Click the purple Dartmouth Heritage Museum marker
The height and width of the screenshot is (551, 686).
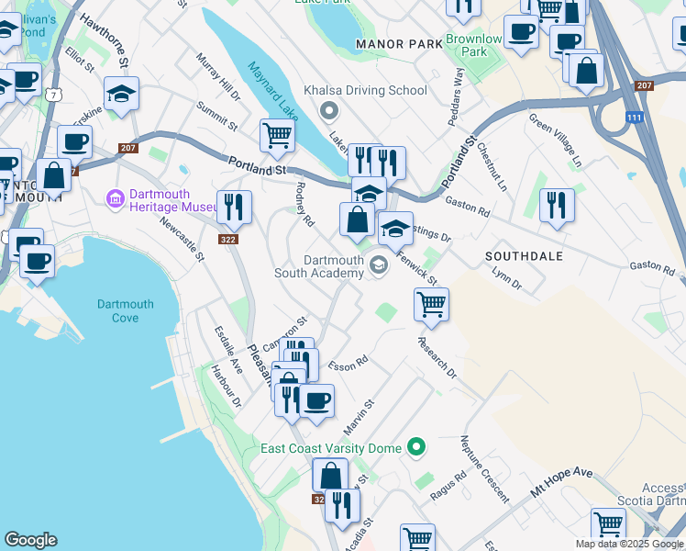click(x=116, y=198)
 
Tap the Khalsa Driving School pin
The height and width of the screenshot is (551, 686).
click(x=330, y=110)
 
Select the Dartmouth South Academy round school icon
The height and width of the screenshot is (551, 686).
click(x=378, y=265)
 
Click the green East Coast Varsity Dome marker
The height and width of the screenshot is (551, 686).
click(x=418, y=447)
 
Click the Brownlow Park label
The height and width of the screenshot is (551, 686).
click(x=474, y=46)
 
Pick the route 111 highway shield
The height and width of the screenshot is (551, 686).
click(x=634, y=118)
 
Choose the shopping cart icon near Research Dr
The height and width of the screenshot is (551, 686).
click(x=431, y=303)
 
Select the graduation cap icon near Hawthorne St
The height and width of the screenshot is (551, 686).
click(x=121, y=95)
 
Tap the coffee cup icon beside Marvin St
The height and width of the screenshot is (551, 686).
click(x=317, y=401)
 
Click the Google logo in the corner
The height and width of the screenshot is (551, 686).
click(x=30, y=540)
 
